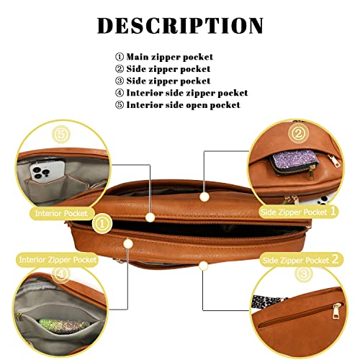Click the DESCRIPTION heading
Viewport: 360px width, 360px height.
coord(180,25)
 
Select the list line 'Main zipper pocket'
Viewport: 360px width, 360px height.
coord(164,57)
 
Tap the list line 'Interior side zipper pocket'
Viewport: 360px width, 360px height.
coord(181,93)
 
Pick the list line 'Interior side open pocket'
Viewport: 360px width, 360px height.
coord(178,105)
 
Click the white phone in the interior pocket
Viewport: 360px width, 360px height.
coord(48,171)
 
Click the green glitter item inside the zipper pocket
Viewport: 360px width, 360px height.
coord(64,325)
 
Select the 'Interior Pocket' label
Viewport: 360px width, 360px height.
coord(61,213)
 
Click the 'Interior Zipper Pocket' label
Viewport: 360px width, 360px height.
coord(58,260)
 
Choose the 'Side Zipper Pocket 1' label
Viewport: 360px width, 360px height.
coord(298,212)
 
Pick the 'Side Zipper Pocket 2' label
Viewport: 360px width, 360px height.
coord(300,260)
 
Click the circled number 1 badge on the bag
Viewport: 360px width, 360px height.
coord(102,224)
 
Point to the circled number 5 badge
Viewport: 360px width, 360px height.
coord(61,135)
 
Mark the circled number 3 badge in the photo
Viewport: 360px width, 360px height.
coord(304,274)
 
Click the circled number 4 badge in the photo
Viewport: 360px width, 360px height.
coord(60,274)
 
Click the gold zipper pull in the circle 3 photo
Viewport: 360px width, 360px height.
coord(337,311)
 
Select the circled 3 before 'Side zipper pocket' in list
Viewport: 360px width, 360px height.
coord(120,81)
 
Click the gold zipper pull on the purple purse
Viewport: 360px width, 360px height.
coord(312,172)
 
